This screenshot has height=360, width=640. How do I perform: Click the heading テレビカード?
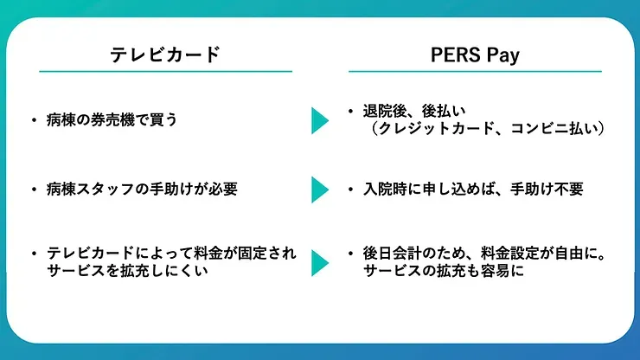[166, 55]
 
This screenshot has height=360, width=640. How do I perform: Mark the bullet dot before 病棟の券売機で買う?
[34, 120]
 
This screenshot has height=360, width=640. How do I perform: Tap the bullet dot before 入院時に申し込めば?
[350, 189]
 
